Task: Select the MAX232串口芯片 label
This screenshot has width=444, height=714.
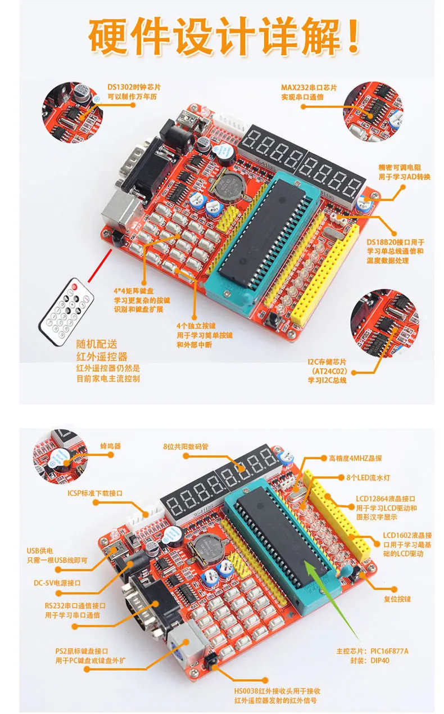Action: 309,88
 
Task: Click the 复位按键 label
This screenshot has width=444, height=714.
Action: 397,599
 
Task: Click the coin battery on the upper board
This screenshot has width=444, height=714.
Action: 230,184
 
